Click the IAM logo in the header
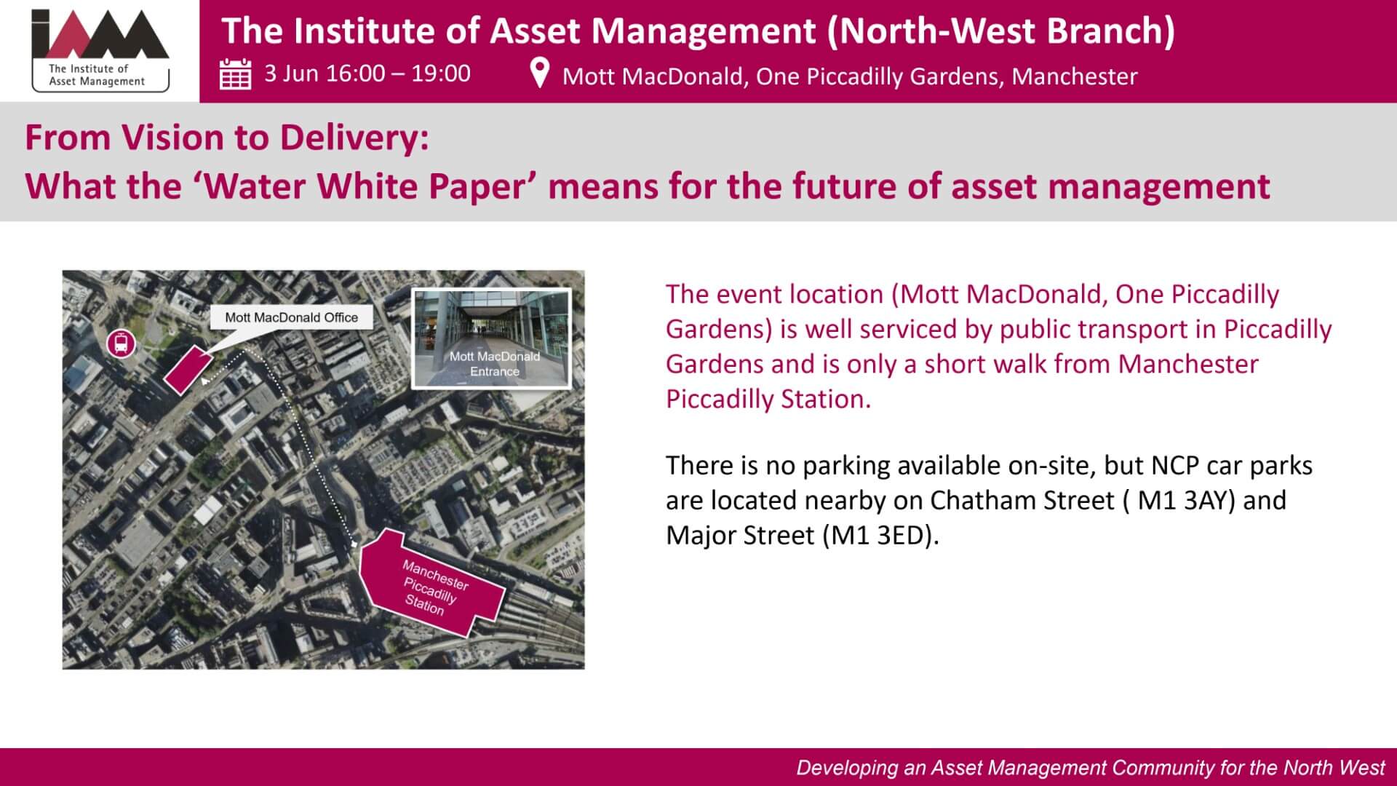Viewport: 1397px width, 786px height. pyautogui.click(x=100, y=50)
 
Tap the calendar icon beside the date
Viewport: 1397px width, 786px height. pyautogui.click(x=235, y=74)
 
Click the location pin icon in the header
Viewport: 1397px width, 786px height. pyautogui.click(x=539, y=73)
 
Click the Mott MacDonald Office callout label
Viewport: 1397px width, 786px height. pyautogui.click(x=291, y=317)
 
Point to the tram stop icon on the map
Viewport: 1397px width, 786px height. pyautogui.click(x=121, y=344)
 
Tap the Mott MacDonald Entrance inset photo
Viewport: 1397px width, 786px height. pyautogui.click(x=492, y=338)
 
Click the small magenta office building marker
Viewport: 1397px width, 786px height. pyautogui.click(x=188, y=370)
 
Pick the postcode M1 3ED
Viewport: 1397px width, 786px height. pyautogui.click(x=878, y=536)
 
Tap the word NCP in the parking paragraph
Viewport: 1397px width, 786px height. pyautogui.click(x=1175, y=466)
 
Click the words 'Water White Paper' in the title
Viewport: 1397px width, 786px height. pyautogui.click(x=364, y=186)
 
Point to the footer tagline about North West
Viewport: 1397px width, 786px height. pyautogui.click(x=1091, y=768)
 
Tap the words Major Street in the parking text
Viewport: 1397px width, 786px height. pyautogui.click(x=741, y=536)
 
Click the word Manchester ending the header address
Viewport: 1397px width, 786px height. pyautogui.click(x=1074, y=76)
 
